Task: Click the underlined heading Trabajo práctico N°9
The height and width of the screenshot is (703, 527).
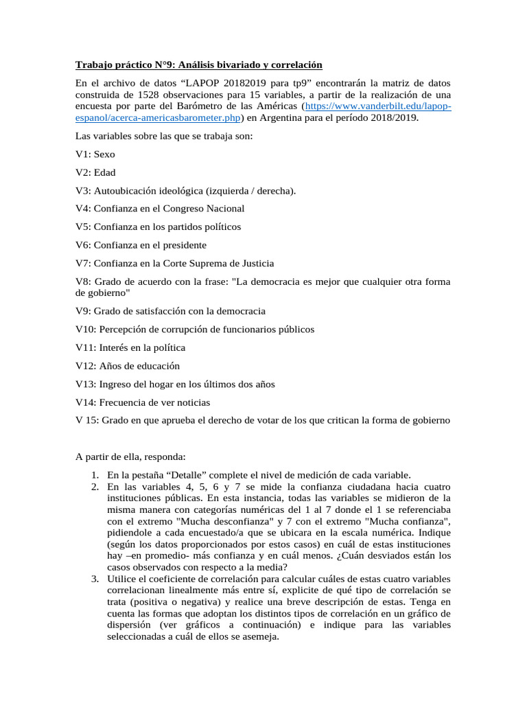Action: [x=198, y=65]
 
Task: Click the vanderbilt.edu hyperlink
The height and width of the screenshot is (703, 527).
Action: [x=378, y=106]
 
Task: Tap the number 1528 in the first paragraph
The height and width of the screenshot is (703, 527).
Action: [x=149, y=95]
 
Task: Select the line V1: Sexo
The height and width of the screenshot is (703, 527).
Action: [x=95, y=154]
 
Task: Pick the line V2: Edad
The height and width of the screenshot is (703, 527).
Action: [x=96, y=172]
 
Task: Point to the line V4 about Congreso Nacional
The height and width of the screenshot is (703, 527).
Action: [x=160, y=208]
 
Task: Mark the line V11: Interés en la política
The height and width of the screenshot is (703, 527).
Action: [x=130, y=347]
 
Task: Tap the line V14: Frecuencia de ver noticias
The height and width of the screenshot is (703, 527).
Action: [x=143, y=402]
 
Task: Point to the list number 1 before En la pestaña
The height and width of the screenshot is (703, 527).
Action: [x=94, y=474]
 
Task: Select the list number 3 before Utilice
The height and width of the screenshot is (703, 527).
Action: [x=94, y=561]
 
